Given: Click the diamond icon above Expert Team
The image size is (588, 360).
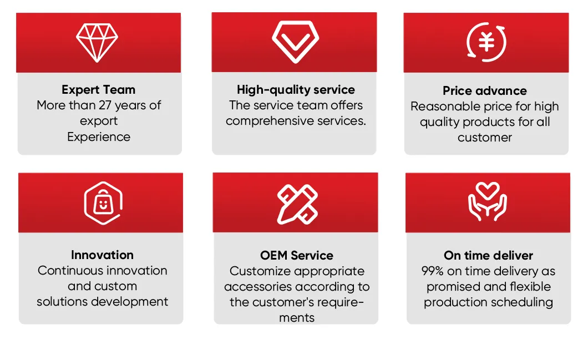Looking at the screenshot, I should [97, 43].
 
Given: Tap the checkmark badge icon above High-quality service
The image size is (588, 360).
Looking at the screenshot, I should [295, 42].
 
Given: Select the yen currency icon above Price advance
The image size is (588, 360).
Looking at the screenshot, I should [486, 42].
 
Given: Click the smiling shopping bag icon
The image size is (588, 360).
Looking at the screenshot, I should [102, 203].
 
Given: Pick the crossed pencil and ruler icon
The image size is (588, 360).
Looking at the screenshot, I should [297, 204].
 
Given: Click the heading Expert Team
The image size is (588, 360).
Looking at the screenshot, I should [99, 90].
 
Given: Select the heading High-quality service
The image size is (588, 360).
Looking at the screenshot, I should [296, 90].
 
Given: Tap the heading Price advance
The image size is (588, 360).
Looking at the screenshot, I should [485, 91].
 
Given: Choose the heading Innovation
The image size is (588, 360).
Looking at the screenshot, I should [102, 255].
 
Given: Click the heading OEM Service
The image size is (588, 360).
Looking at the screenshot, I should [297, 256].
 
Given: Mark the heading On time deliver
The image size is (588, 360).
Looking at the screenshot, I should [488, 256].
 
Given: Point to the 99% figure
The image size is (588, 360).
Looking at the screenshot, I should [433, 271].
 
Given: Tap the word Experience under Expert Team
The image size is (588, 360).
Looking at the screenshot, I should [99, 137].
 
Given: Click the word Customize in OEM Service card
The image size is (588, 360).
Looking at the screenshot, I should [260, 271].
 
